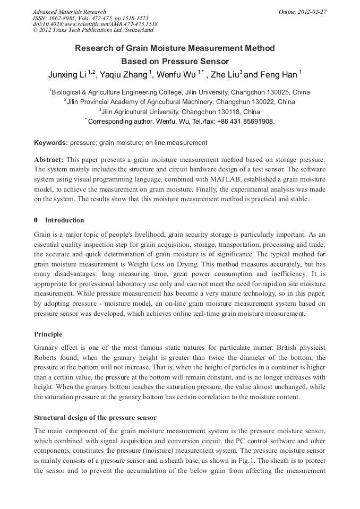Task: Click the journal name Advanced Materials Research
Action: pos(69,12)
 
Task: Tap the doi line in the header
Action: pos(95,24)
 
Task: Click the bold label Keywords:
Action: pos(51,143)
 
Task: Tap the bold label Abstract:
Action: pos(49,159)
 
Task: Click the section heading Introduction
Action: pos(64,220)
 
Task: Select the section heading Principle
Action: pos(48,334)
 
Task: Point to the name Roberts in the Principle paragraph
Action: pos(47,358)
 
